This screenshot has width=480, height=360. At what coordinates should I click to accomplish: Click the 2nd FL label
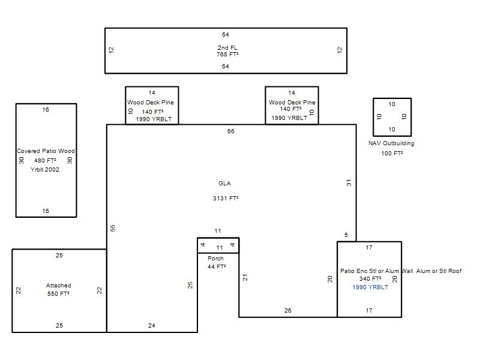227,48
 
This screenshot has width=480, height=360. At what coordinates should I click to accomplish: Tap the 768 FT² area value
227,55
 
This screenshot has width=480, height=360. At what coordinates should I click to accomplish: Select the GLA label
224,184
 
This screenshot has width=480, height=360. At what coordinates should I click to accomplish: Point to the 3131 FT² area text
226,199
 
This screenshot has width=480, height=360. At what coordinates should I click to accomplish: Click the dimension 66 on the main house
231,131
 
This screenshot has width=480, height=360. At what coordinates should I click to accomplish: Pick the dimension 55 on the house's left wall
113,228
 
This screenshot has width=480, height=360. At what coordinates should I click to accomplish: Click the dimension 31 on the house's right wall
349,183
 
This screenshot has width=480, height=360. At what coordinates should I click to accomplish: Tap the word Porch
215,259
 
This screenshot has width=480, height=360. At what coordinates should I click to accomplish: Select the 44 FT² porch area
217,267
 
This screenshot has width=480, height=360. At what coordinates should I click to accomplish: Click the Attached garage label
58,286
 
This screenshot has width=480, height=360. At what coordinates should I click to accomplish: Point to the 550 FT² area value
58,294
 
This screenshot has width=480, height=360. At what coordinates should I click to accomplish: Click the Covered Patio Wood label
46,151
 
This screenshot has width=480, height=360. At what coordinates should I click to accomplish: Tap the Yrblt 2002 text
44,170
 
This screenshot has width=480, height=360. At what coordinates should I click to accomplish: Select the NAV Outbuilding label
391,143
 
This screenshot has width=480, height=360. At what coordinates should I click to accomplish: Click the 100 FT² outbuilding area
392,154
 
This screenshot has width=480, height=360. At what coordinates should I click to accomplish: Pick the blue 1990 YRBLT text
370,287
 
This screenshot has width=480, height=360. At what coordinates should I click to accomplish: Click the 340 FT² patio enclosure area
370,279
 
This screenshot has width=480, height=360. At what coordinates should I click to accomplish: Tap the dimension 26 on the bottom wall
288,311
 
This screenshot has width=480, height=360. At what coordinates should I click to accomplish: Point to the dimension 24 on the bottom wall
152,326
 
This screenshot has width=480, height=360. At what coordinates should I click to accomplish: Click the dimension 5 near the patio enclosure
346,235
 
